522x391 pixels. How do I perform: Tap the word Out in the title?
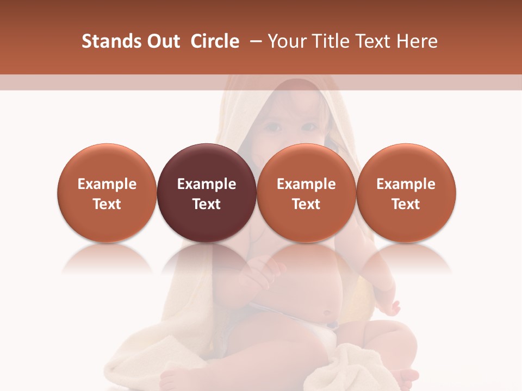[161, 41]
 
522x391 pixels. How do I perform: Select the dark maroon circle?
[207, 193]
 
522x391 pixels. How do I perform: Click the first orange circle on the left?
[107, 193]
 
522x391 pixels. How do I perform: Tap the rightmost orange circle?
[406, 193]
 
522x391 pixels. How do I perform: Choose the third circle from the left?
[306, 193]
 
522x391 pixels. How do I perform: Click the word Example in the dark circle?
[207, 184]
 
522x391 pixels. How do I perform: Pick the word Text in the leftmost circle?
[107, 204]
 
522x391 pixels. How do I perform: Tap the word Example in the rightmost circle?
[406, 184]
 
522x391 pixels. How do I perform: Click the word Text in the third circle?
[306, 204]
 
